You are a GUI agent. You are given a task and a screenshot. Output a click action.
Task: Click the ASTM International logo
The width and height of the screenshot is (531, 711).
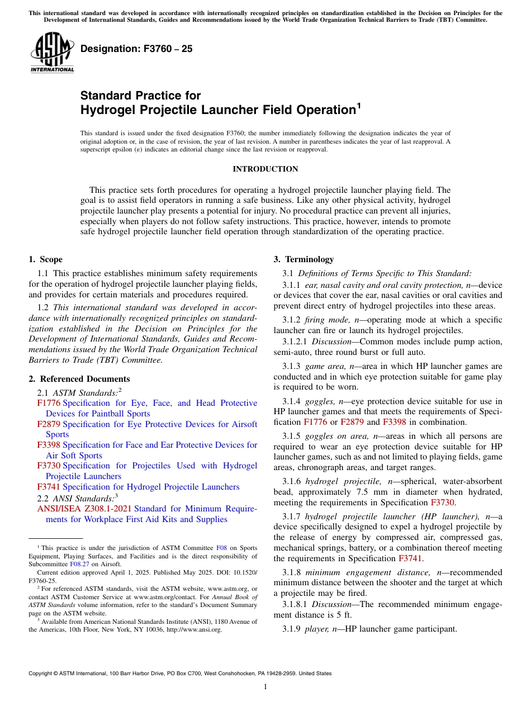point(52,53)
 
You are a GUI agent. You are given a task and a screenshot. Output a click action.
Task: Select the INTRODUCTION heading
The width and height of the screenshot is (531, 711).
point(265,169)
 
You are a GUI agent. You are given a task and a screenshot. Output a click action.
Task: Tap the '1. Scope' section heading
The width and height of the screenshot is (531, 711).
point(45,259)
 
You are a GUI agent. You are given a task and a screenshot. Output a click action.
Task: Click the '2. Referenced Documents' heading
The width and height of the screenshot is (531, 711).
point(79,379)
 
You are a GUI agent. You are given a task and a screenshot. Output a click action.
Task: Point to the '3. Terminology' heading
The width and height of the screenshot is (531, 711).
point(304,259)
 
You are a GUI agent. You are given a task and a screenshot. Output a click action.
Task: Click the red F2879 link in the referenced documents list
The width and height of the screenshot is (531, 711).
point(49,424)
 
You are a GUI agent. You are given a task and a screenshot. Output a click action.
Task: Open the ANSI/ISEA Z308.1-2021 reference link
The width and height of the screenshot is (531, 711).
point(84,509)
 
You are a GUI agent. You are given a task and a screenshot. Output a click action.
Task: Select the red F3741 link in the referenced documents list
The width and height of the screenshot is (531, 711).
point(49,487)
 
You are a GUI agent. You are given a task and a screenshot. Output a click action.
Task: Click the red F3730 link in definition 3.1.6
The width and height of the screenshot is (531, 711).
point(443,502)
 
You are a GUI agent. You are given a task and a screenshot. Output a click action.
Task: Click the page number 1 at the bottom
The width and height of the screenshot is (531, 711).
point(265,686)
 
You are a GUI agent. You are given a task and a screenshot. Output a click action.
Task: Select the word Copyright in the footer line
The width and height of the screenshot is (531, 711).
point(42,674)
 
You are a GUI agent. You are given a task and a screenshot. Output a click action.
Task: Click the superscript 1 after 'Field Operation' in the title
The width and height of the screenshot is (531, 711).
point(359,105)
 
